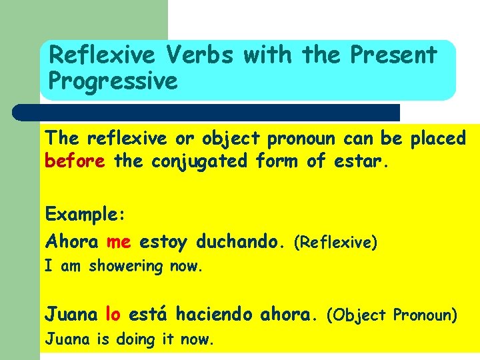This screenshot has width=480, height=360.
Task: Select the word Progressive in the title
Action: coord(113,81)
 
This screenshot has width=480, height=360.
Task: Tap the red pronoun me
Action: coord(119,241)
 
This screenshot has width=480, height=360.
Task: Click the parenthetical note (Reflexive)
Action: coord(336,243)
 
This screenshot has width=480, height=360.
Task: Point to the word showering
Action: coord(126,267)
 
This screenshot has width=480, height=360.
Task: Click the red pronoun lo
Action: coord(113,313)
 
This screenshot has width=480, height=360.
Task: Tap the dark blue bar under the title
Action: coord(207,112)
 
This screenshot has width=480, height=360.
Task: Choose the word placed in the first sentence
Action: coord(437,138)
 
